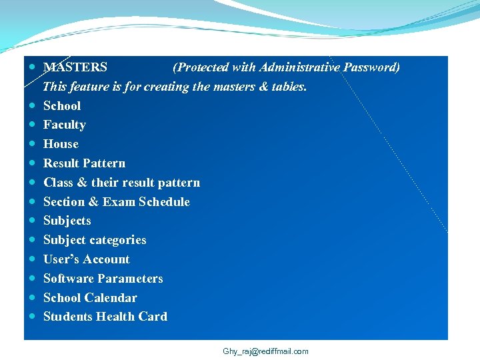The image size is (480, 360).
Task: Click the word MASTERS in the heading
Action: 75,67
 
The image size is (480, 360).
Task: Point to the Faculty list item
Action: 65,125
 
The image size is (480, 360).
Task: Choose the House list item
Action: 61,144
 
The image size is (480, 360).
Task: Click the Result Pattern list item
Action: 84,163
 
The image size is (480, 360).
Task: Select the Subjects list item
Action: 67,221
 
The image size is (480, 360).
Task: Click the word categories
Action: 117,240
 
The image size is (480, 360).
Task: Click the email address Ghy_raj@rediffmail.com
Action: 266,351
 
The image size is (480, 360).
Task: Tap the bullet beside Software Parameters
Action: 33,279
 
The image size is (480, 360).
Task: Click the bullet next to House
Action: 33,144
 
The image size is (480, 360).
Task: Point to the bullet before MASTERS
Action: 33,67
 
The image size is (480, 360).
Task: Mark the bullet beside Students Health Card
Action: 33,317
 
